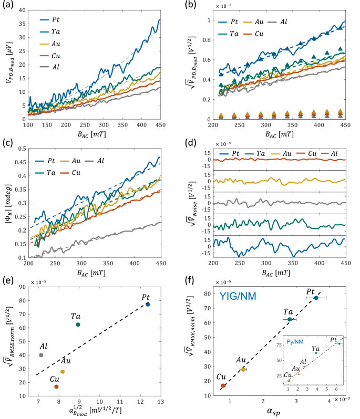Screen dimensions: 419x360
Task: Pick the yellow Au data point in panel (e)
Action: click(63, 371)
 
